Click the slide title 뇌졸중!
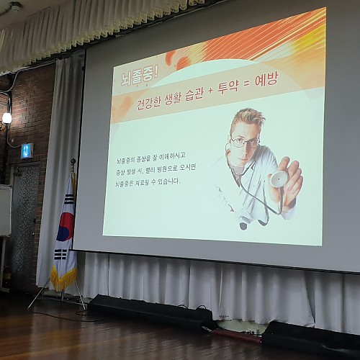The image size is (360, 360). click(x=140, y=77)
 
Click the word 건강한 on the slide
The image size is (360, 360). click(x=148, y=103)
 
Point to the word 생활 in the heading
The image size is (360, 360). click(x=173, y=99)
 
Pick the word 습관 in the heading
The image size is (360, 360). click(x=194, y=95)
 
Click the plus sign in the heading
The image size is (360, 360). click(x=210, y=92)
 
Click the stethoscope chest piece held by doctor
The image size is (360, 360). click(x=279, y=178)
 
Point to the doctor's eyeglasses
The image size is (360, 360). click(x=245, y=142)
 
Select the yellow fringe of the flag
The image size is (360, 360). click(x=63, y=278)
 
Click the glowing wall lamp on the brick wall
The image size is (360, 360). click(x=6, y=118)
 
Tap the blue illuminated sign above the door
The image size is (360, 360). click(x=27, y=150)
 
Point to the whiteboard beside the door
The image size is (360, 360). click(x=5, y=210)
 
